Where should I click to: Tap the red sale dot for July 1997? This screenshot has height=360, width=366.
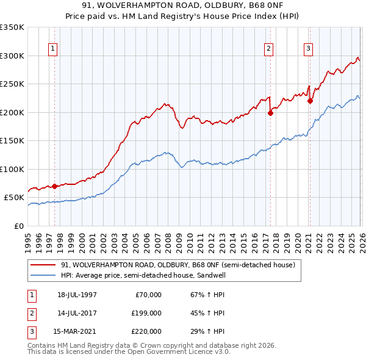click(54, 186)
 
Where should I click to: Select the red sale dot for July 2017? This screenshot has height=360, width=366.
click(270, 113)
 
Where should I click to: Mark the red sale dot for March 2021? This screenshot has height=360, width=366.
click(310, 101)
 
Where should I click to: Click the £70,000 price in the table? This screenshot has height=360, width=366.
click(148, 295)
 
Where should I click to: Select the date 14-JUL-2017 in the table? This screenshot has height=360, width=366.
click(77, 313)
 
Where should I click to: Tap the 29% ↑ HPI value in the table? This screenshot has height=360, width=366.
click(207, 331)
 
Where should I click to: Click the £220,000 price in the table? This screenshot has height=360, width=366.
click(146, 331)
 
